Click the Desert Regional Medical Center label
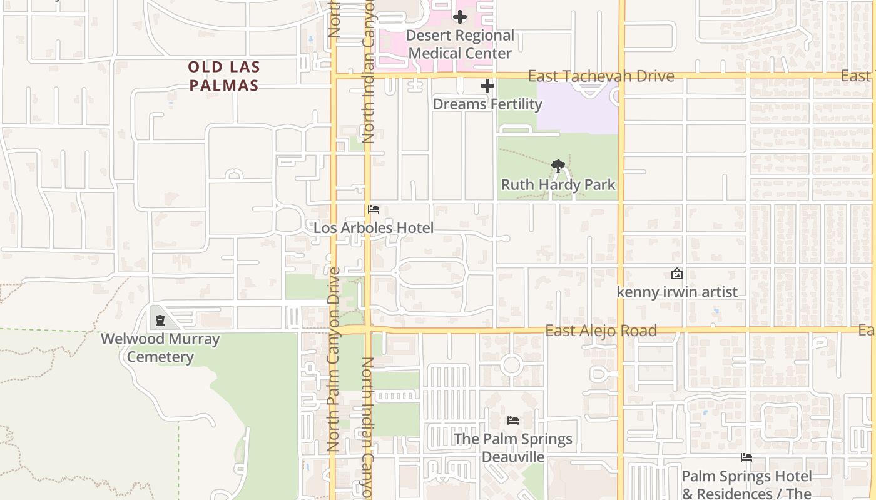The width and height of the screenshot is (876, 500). click(x=460, y=44)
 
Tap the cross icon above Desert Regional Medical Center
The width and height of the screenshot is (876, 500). click(x=460, y=17)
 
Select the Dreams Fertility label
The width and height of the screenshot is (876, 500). click(x=487, y=104)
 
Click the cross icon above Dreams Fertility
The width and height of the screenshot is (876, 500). click(x=487, y=86)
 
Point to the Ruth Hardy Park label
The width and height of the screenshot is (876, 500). click(x=558, y=185)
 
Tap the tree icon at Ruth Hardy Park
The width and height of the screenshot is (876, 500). click(x=558, y=166)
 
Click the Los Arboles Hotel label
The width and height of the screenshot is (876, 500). click(x=374, y=228)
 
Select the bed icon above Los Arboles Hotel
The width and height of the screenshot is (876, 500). click(x=374, y=209)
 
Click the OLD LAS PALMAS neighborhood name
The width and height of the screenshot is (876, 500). click(x=224, y=76)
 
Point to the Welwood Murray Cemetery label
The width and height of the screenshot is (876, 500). click(x=160, y=348)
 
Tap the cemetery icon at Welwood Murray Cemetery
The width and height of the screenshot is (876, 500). click(x=160, y=321)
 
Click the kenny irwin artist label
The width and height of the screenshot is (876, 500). click(x=677, y=292)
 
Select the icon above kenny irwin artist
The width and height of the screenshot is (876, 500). click(x=677, y=274)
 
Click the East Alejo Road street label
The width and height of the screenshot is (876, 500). click(x=601, y=331)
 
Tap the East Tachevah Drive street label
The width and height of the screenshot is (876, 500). click(x=601, y=76)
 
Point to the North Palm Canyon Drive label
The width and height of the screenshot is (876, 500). click(x=334, y=359)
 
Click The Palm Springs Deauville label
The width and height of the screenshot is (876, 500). click(x=513, y=447)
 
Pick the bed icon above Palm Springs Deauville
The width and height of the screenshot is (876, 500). click(x=513, y=421)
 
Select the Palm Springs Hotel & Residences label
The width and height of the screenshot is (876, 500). click(x=746, y=485)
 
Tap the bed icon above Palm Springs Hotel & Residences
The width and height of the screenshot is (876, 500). click(x=746, y=457)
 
